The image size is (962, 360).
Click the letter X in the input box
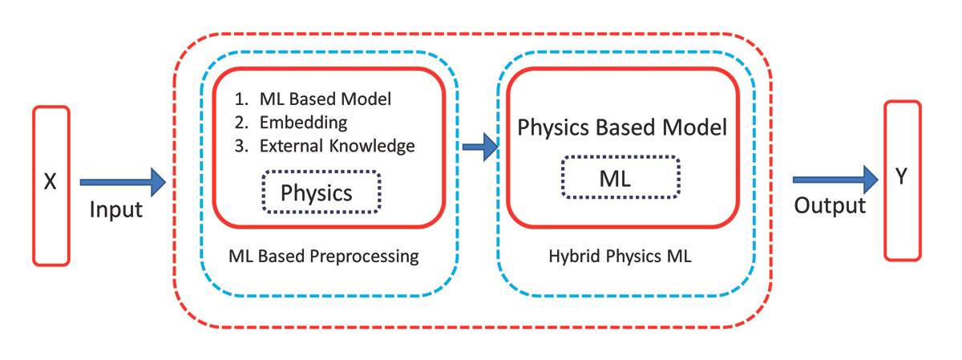(50, 183)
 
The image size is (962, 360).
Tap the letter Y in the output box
(902, 177)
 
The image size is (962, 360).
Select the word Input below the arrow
(115, 211)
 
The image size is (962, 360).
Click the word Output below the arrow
(830, 206)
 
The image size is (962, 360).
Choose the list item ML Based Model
(325, 99)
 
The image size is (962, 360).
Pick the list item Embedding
(303, 123)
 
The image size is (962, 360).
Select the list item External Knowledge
(337, 146)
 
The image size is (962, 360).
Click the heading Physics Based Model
(622, 127)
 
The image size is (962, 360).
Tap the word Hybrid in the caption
(572, 257)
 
